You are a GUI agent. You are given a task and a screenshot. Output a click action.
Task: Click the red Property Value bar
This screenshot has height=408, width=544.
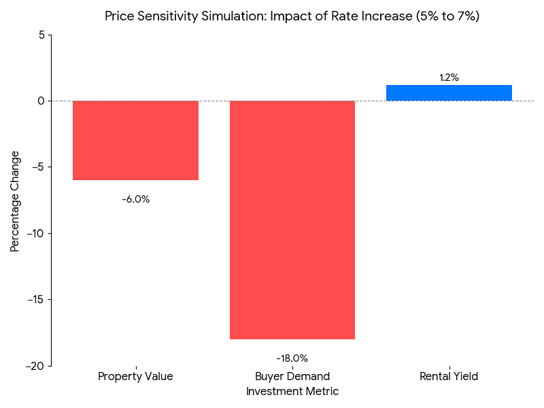coord(135,140)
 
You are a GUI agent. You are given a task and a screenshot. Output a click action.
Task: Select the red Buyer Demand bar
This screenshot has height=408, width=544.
coord(292,220)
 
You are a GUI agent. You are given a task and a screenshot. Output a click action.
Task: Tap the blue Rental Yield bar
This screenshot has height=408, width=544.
coord(449,93)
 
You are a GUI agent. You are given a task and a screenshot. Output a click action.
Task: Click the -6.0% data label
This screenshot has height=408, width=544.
coord(135,199)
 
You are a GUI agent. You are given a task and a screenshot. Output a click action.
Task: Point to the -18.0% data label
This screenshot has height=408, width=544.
coord(292,358)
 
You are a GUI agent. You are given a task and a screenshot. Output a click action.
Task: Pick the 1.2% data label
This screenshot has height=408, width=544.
coord(449,78)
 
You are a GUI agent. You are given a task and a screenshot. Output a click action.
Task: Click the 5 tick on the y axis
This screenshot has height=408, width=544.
coord(40,35)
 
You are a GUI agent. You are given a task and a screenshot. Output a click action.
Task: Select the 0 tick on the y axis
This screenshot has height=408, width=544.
coord(40,101)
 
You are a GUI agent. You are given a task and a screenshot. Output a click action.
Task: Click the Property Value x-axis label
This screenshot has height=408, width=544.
coord(135,377)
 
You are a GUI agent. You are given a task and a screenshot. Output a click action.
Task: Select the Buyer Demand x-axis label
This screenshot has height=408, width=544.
coord(292,377)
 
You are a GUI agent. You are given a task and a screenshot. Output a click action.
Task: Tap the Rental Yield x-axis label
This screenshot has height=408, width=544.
coord(449,377)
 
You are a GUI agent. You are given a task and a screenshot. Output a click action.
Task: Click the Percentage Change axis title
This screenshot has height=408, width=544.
coord(15,201)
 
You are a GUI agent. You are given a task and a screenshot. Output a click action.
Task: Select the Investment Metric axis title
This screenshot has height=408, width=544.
coord(292,392)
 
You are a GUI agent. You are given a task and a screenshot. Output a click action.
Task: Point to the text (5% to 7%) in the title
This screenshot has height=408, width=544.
coord(447,16)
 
